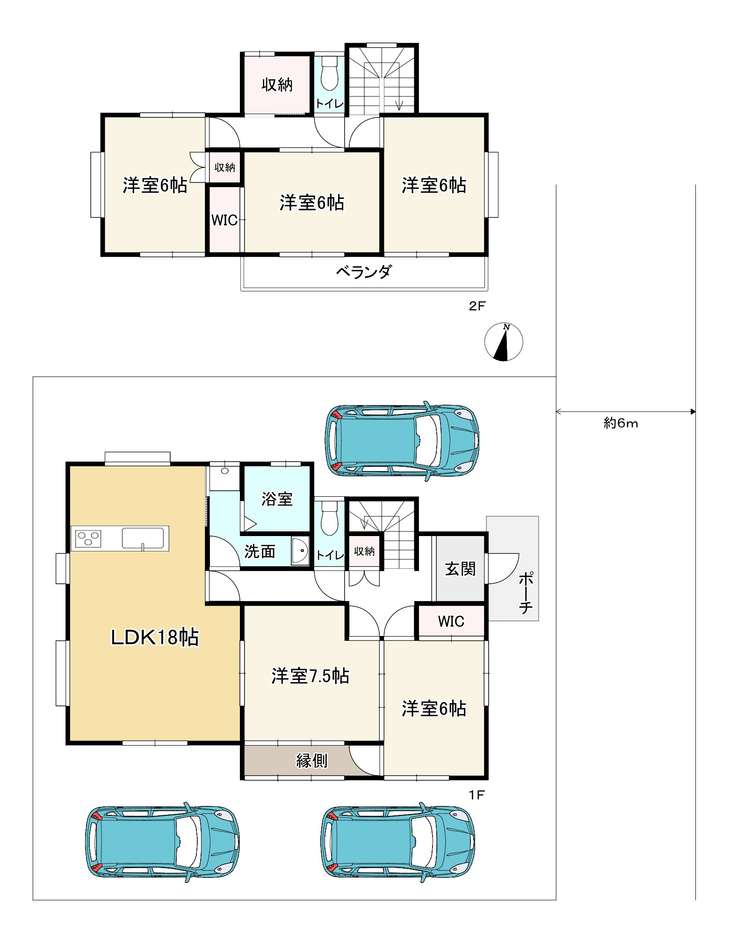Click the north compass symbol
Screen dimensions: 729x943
(x=504, y=342)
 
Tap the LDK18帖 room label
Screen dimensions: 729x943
(x=155, y=638)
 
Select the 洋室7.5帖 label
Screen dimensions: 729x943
(x=310, y=676)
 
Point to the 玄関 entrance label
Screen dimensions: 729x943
(x=461, y=569)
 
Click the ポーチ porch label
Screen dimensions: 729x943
(x=526, y=592)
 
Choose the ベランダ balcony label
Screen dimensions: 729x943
(x=364, y=271)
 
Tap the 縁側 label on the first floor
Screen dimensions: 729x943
(x=312, y=761)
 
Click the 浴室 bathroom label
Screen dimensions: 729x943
(x=277, y=499)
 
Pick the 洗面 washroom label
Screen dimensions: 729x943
(x=260, y=551)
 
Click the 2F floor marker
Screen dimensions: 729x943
(x=477, y=306)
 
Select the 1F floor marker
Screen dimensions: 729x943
(x=477, y=795)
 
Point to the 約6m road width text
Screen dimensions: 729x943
(x=621, y=423)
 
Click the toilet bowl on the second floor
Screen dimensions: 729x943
(x=330, y=74)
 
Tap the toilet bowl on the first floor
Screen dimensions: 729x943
(x=330, y=518)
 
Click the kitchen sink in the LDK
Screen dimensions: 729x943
(x=143, y=538)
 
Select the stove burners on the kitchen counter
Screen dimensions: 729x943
(x=88, y=539)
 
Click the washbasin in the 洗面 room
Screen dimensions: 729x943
(x=300, y=551)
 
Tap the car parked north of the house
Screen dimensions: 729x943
(x=402, y=441)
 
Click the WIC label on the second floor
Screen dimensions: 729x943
(x=224, y=220)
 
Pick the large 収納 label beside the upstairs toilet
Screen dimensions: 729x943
(x=277, y=85)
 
